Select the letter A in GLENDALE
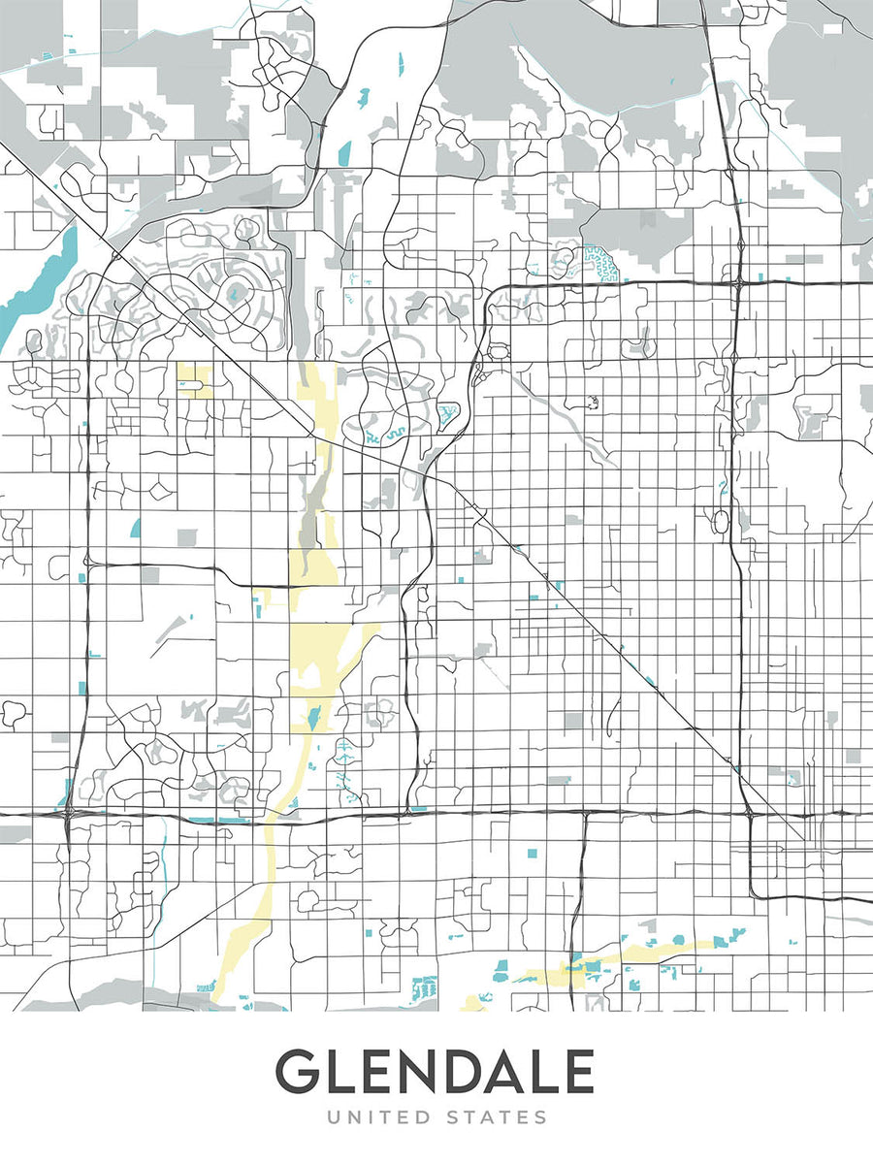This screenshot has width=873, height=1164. [x=514, y=1072]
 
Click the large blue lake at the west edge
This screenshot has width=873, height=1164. [x=39, y=281]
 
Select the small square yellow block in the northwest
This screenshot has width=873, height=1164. [x=194, y=380]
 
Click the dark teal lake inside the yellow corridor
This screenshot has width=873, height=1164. [x=312, y=719]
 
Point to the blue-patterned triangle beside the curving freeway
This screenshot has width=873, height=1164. [x=447, y=418]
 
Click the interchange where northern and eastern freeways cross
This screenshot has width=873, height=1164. [x=738, y=282]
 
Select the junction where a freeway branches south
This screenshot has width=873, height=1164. [x=585, y=813]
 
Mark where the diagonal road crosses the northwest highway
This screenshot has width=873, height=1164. [x=115, y=256]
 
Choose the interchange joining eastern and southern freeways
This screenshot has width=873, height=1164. [x=747, y=813]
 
